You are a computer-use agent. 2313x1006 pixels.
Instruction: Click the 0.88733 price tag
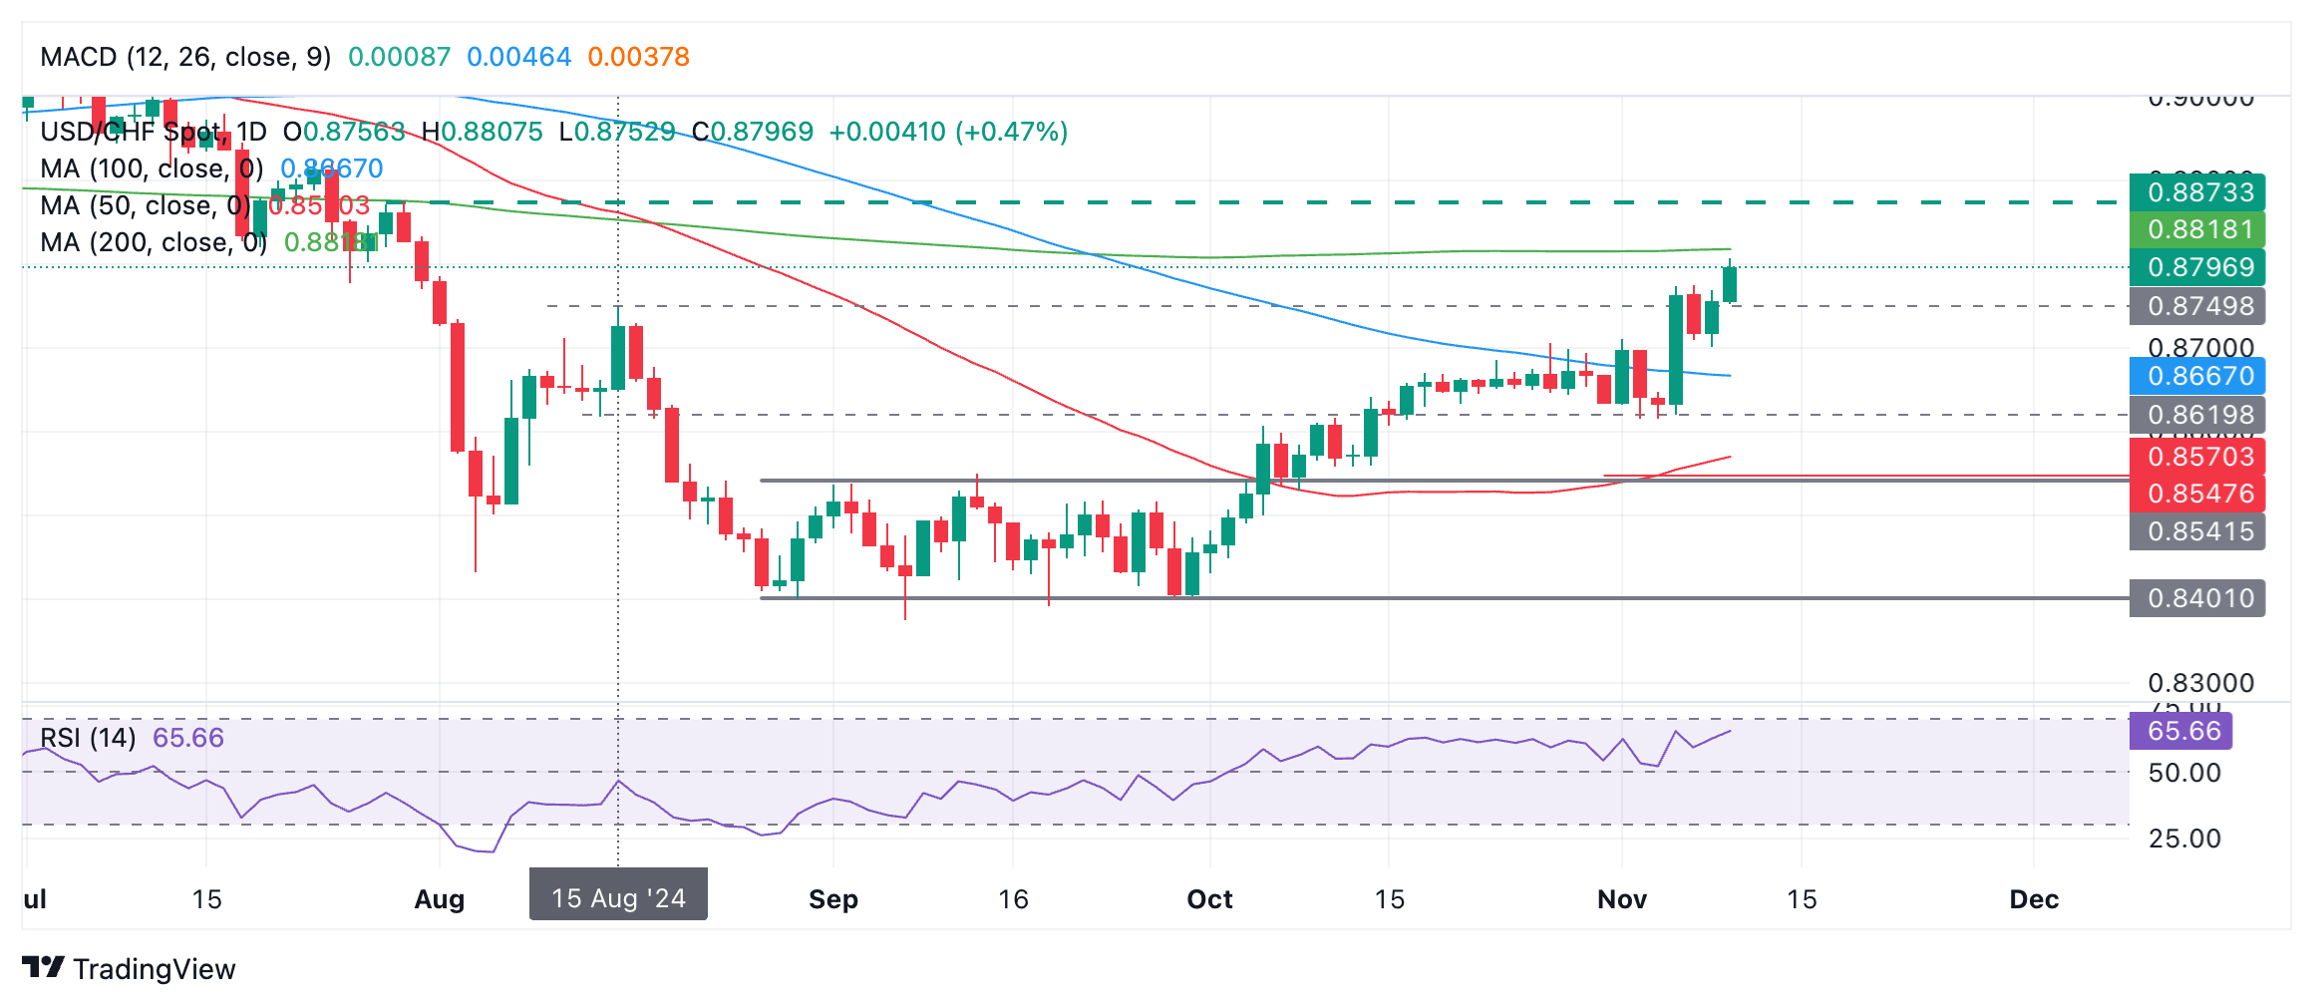[2196, 191]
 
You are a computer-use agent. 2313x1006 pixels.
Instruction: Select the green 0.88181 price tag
[2196, 229]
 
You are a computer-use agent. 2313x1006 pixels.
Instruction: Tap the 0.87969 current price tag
[2196, 267]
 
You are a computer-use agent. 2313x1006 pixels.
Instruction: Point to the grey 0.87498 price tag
[2196, 306]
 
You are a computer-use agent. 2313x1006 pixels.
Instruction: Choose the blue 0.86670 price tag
[2196, 376]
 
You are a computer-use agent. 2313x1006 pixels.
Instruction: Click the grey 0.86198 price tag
[2196, 415]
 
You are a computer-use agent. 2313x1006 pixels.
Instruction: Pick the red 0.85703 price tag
[2196, 457]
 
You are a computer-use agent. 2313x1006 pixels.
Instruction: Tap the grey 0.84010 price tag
[2196, 598]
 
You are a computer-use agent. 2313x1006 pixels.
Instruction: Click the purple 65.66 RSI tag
[2180, 731]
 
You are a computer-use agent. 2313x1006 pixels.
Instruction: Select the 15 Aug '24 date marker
[618, 897]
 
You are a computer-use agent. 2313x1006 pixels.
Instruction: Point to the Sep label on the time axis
[832, 899]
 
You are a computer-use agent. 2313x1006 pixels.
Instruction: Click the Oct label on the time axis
[1209, 899]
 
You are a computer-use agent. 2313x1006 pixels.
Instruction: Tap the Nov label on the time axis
[1621, 899]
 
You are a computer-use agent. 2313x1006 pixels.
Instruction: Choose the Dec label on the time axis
[2034, 899]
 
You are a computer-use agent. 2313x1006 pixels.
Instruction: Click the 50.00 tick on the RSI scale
[2184, 773]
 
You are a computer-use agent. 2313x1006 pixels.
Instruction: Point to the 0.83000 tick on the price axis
[2200, 683]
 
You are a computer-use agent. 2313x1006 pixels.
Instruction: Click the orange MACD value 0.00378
[638, 57]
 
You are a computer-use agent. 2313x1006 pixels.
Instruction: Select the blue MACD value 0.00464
[518, 57]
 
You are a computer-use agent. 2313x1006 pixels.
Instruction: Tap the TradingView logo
[129, 968]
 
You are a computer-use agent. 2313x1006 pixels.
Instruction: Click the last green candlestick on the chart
[1729, 284]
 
